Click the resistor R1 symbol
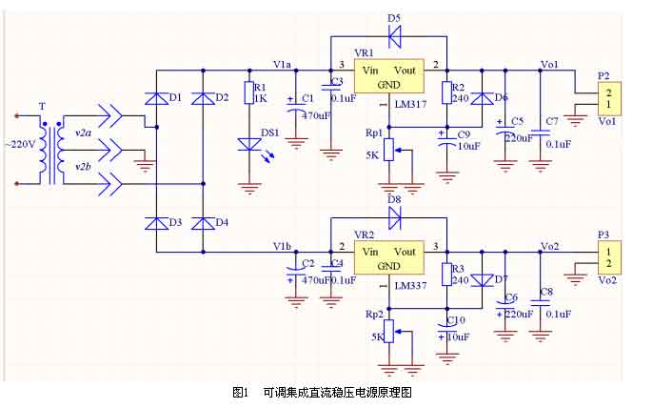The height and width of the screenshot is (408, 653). coord(249,92)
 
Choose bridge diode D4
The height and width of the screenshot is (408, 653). coord(203,223)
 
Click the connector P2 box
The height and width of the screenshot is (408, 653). coord(606,97)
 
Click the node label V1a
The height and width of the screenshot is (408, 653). coord(282,64)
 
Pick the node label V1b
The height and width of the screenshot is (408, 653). coord(282,246)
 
